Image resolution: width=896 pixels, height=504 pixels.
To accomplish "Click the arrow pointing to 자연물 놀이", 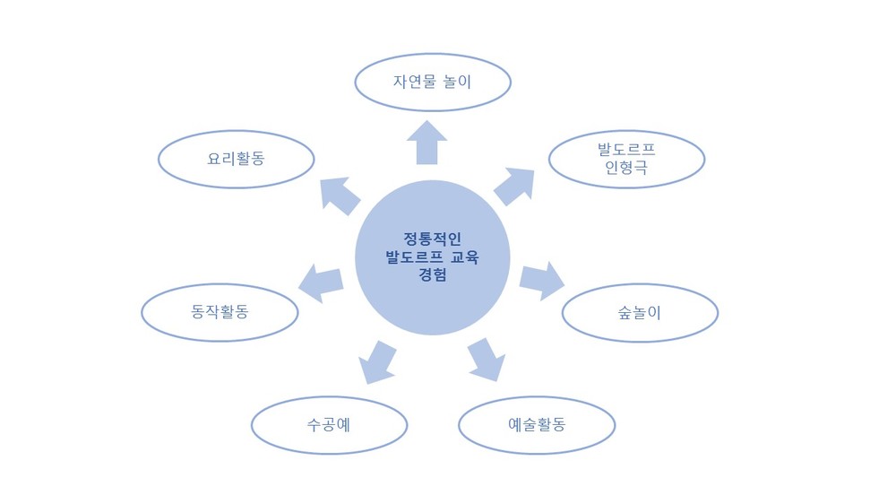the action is click(x=426, y=143).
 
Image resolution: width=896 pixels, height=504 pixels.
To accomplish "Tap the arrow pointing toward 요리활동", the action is click(x=340, y=196).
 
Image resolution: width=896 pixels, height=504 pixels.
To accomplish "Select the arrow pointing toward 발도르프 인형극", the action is click(x=514, y=187).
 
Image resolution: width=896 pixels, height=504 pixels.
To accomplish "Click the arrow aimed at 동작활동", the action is click(x=321, y=283).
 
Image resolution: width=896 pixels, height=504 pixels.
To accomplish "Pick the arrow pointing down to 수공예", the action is click(x=377, y=362).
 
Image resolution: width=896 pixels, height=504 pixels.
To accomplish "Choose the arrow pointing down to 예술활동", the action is click(x=487, y=360).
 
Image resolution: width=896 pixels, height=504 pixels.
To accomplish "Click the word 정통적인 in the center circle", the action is click(x=433, y=239).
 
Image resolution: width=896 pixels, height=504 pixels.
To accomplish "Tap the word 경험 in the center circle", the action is click(x=433, y=274).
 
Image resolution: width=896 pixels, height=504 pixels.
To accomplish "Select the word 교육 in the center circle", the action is click(x=464, y=256).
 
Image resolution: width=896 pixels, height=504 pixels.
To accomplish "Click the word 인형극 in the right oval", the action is click(x=626, y=168).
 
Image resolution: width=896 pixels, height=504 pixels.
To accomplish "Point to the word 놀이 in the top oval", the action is click(x=457, y=82).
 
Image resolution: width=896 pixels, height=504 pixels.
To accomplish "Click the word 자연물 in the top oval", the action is click(x=415, y=82).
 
